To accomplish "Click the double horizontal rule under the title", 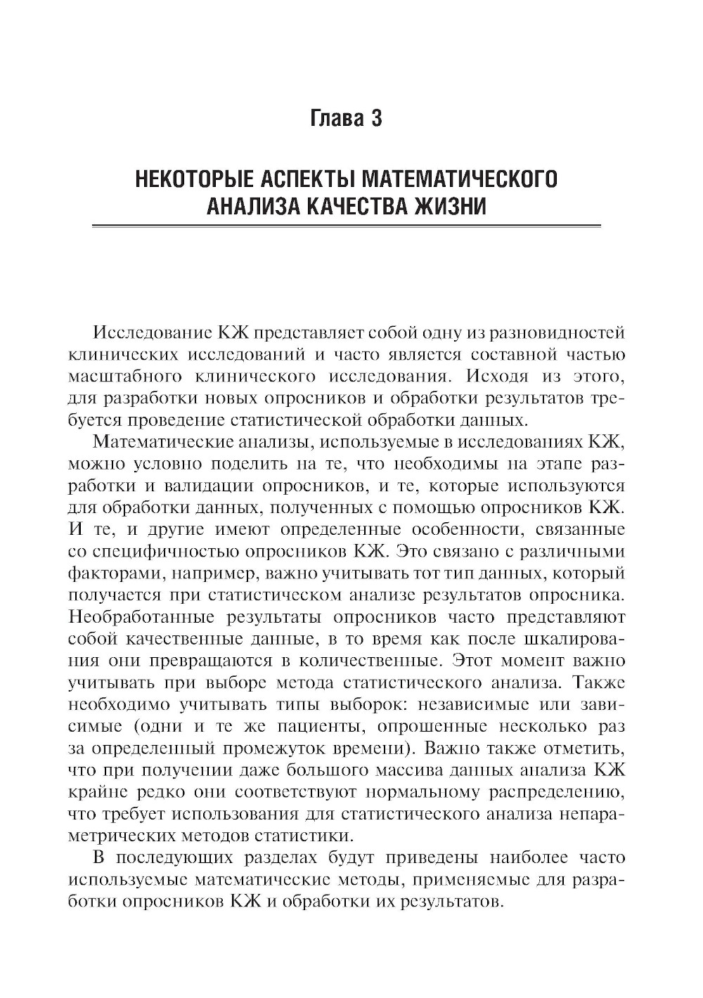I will point(347,226).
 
